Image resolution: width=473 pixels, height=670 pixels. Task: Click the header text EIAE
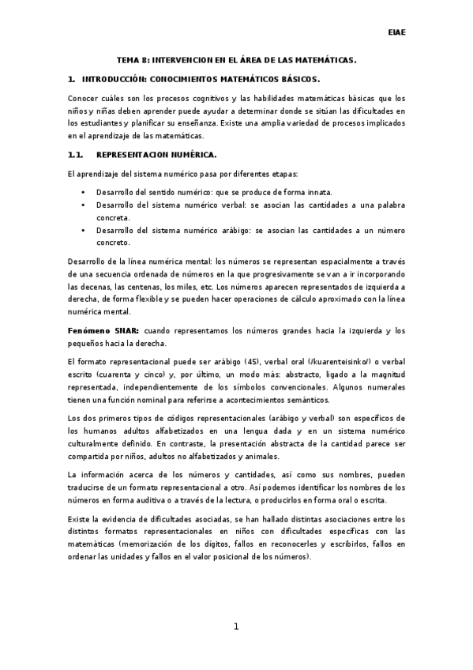(397, 33)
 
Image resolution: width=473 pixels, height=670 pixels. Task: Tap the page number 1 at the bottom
(235, 627)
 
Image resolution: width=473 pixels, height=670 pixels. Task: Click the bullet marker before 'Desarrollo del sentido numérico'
(83, 192)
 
